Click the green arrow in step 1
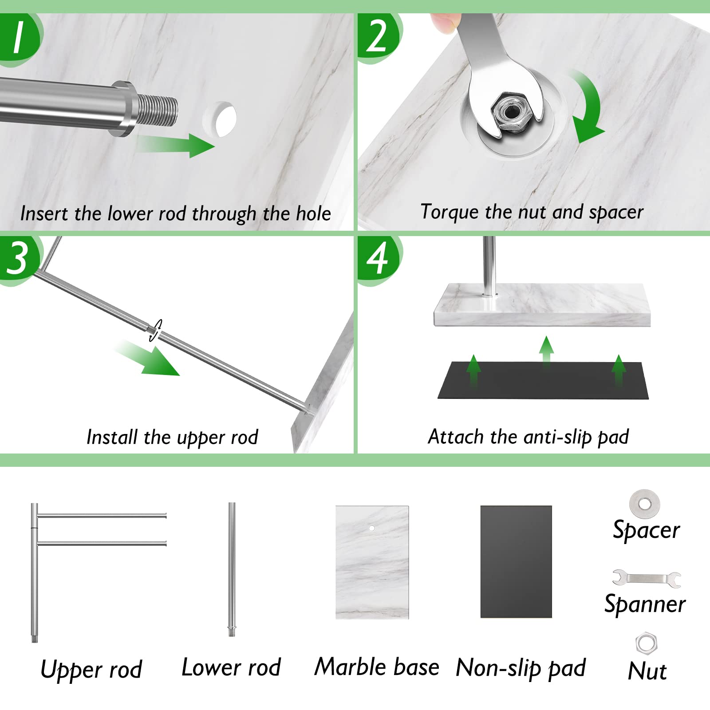(x=175, y=145)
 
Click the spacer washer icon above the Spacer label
(x=644, y=504)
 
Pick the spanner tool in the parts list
(x=647, y=578)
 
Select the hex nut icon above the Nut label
(x=646, y=643)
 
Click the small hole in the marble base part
(x=372, y=528)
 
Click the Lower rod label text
(x=231, y=667)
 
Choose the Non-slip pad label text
(x=521, y=668)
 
